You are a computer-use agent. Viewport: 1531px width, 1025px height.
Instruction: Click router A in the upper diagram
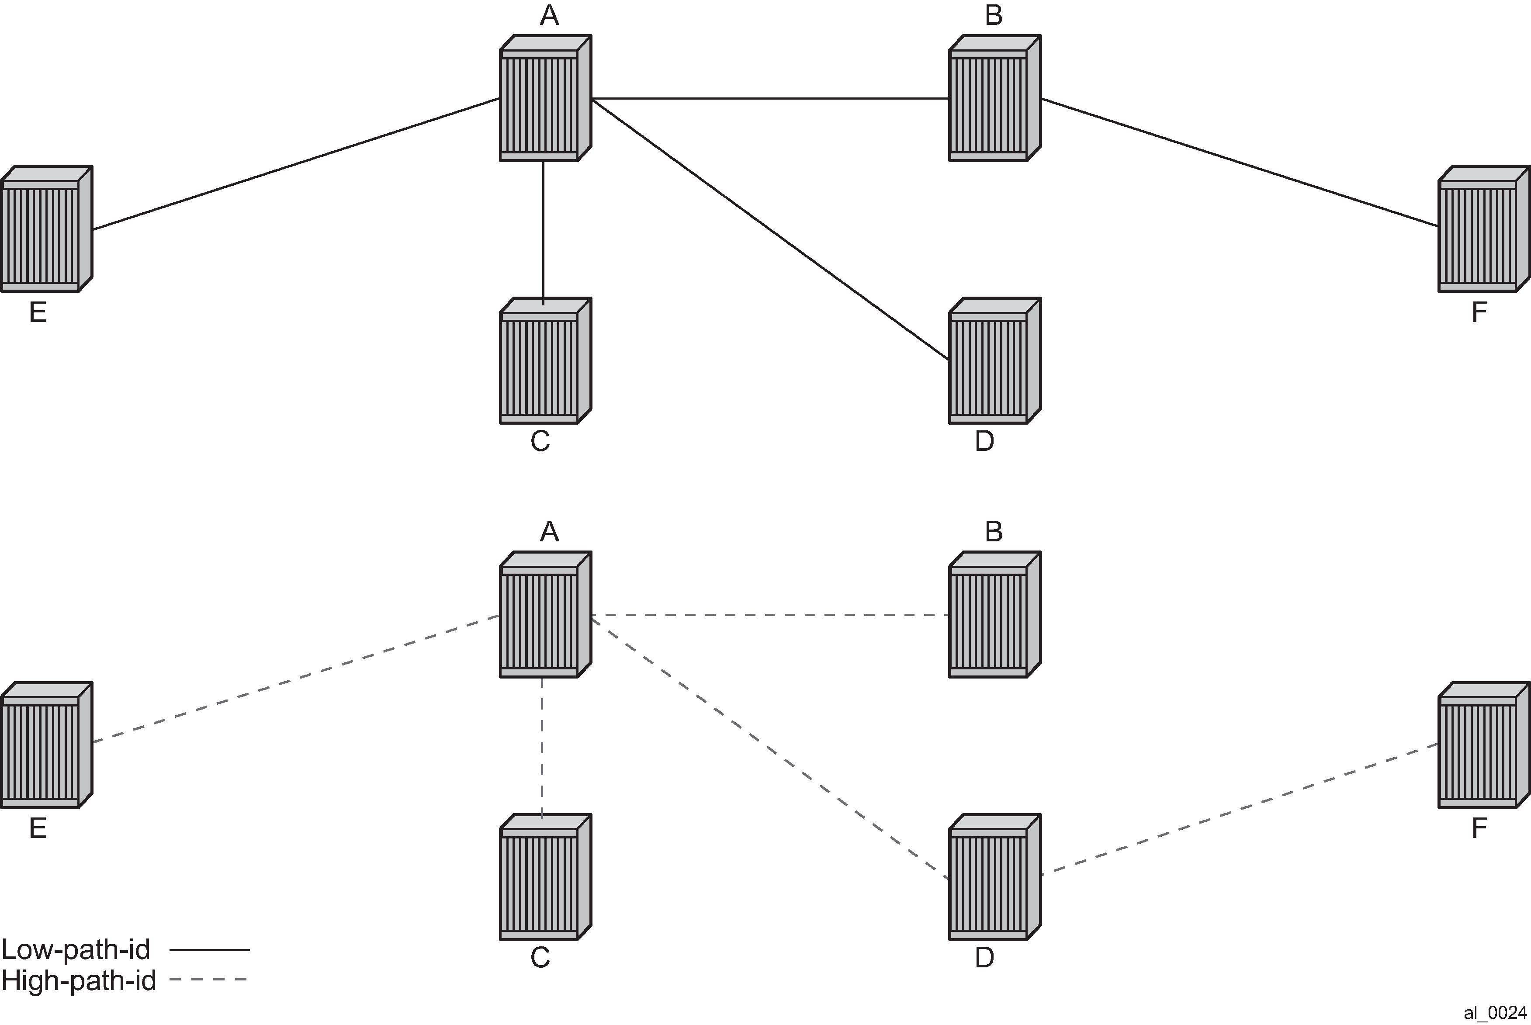[546, 98]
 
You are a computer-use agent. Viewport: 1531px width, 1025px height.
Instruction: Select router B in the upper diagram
[995, 98]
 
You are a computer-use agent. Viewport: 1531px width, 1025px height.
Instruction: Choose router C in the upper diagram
[546, 361]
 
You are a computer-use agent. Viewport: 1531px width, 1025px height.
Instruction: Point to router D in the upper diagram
[995, 361]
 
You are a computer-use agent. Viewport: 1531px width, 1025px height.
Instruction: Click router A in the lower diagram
[546, 614]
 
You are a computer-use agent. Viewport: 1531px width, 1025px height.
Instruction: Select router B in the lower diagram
[995, 614]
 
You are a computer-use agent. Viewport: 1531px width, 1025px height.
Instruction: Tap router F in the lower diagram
[1484, 745]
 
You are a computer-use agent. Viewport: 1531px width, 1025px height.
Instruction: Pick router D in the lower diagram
[995, 877]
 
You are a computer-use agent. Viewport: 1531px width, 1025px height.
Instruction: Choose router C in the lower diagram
[546, 877]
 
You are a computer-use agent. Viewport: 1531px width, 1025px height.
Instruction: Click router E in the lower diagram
[46, 745]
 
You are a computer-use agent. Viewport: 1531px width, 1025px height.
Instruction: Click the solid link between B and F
[1240, 163]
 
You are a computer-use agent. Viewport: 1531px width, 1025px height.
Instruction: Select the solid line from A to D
[770, 229]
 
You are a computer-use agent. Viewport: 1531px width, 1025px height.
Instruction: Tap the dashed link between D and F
[1240, 809]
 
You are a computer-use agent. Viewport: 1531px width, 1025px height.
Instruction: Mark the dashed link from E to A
[296, 679]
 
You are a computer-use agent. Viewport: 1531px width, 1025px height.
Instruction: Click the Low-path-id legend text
[76, 949]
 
